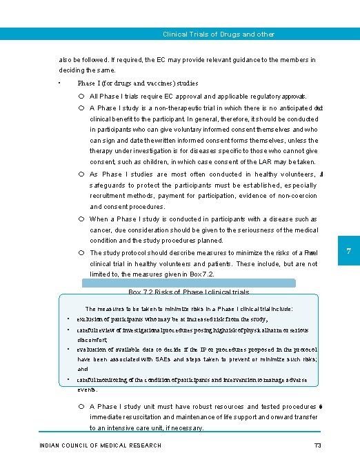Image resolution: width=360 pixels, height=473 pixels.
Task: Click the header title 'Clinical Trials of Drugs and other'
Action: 218,34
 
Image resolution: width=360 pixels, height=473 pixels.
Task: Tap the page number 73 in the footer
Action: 318,445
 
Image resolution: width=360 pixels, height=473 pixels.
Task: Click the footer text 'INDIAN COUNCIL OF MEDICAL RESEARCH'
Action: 101,445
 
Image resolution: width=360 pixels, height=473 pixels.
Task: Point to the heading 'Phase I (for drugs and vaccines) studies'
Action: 143,83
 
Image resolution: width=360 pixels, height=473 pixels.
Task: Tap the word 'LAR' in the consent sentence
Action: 264,161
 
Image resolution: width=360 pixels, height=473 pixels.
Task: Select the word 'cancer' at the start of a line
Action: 101,230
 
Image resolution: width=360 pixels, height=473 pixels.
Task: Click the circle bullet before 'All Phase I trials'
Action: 81,97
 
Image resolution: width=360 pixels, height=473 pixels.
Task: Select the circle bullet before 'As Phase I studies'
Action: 81,174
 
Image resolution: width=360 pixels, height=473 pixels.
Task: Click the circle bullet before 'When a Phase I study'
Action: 81,219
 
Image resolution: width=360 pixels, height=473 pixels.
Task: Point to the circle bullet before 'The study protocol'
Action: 81,253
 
